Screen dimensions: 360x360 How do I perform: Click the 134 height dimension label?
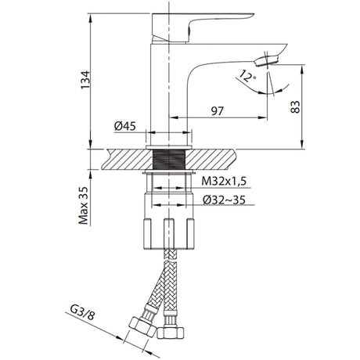(85, 80)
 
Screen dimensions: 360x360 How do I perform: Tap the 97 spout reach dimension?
(217, 111)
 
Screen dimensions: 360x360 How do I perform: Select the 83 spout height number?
(295, 106)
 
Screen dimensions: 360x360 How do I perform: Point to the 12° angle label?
(247, 76)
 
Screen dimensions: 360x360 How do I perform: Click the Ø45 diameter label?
(125, 126)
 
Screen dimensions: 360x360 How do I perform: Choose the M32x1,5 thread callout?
(224, 181)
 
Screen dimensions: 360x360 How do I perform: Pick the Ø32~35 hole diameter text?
(224, 200)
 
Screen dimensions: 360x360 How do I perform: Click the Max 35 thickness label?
(84, 206)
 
